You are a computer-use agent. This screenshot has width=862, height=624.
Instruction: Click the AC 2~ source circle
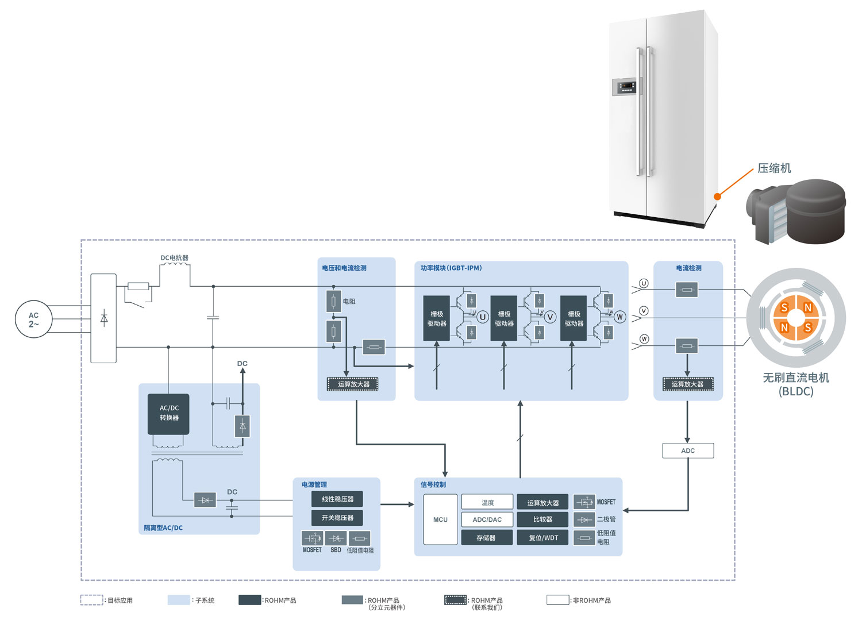(x=34, y=319)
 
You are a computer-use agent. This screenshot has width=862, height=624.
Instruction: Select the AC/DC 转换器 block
(x=168, y=414)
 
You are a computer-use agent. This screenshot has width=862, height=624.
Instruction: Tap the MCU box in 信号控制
(x=440, y=519)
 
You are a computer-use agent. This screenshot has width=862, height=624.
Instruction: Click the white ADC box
(x=688, y=450)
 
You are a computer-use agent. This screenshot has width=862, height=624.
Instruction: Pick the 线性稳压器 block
(x=337, y=499)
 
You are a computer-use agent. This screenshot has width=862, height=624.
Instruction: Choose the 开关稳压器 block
(x=337, y=518)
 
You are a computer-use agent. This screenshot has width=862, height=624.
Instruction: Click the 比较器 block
(x=542, y=519)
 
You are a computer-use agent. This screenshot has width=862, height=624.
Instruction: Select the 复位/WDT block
(x=542, y=538)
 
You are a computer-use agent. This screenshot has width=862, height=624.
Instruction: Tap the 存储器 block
(x=486, y=538)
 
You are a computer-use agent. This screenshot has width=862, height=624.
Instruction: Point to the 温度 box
(x=487, y=502)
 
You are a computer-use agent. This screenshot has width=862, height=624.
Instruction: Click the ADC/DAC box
(x=487, y=519)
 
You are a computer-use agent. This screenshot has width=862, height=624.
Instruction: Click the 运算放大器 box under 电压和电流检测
(x=353, y=384)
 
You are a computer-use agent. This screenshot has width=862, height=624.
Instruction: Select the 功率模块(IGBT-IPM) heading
(x=451, y=268)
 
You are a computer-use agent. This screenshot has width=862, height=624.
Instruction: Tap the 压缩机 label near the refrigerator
(x=774, y=168)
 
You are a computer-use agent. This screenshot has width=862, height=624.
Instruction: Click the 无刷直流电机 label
(x=796, y=378)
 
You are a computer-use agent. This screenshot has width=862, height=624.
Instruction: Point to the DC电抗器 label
(x=175, y=258)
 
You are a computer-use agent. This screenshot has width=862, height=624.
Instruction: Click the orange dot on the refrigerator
(x=717, y=197)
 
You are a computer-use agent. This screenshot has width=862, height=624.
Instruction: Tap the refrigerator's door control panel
(x=627, y=87)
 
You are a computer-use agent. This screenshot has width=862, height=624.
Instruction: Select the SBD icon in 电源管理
(x=336, y=538)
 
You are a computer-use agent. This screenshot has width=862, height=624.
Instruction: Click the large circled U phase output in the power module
(x=483, y=317)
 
